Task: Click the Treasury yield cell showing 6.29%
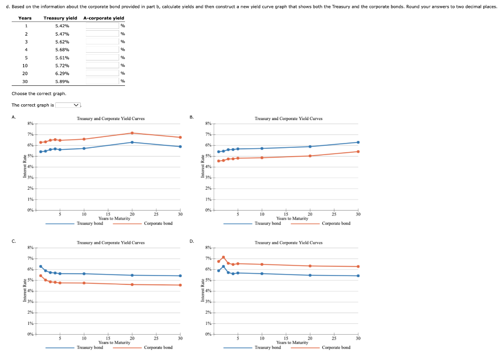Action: point(62,73)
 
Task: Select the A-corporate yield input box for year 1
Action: point(103,26)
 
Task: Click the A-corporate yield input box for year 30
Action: point(103,81)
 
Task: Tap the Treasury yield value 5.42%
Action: point(62,26)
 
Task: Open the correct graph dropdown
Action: point(68,105)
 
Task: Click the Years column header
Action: point(25,18)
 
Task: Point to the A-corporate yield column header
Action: point(104,18)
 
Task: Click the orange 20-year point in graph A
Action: point(132,133)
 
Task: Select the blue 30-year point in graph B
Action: point(358,142)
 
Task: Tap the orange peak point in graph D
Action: point(224,257)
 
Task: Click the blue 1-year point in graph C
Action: point(41,266)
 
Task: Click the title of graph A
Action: point(110,119)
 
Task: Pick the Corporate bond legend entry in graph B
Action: point(336,223)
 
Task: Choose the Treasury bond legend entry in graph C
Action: point(90,347)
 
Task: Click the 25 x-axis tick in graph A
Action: point(156,214)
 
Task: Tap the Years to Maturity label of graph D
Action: point(292,342)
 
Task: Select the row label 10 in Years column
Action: point(25,65)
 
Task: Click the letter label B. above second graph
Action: point(192,117)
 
